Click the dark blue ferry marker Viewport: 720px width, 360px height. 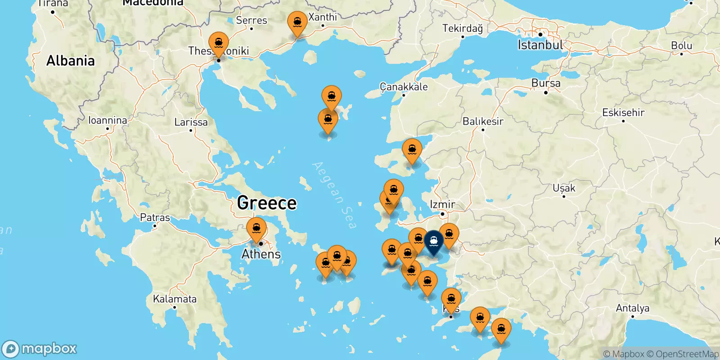[434, 242]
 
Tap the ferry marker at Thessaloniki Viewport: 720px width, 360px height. [219, 44]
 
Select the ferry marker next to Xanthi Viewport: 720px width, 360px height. [297, 22]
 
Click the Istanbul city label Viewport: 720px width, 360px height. [540, 45]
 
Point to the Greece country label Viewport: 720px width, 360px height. [267, 203]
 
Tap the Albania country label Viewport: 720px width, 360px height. [71, 61]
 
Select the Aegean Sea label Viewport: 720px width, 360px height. [334, 195]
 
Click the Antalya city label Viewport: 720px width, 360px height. [632, 308]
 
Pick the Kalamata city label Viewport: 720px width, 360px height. [175, 299]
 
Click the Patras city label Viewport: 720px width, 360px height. [155, 218]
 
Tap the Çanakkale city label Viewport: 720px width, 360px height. [404, 87]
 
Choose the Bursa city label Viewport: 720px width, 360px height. [546, 83]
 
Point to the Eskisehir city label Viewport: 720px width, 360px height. [623, 112]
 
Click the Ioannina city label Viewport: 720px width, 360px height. [108, 120]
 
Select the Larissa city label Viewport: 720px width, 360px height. [191, 122]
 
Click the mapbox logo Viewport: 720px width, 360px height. [40, 349]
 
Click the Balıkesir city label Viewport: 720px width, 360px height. [483, 121]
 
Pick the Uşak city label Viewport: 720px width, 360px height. [564, 188]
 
